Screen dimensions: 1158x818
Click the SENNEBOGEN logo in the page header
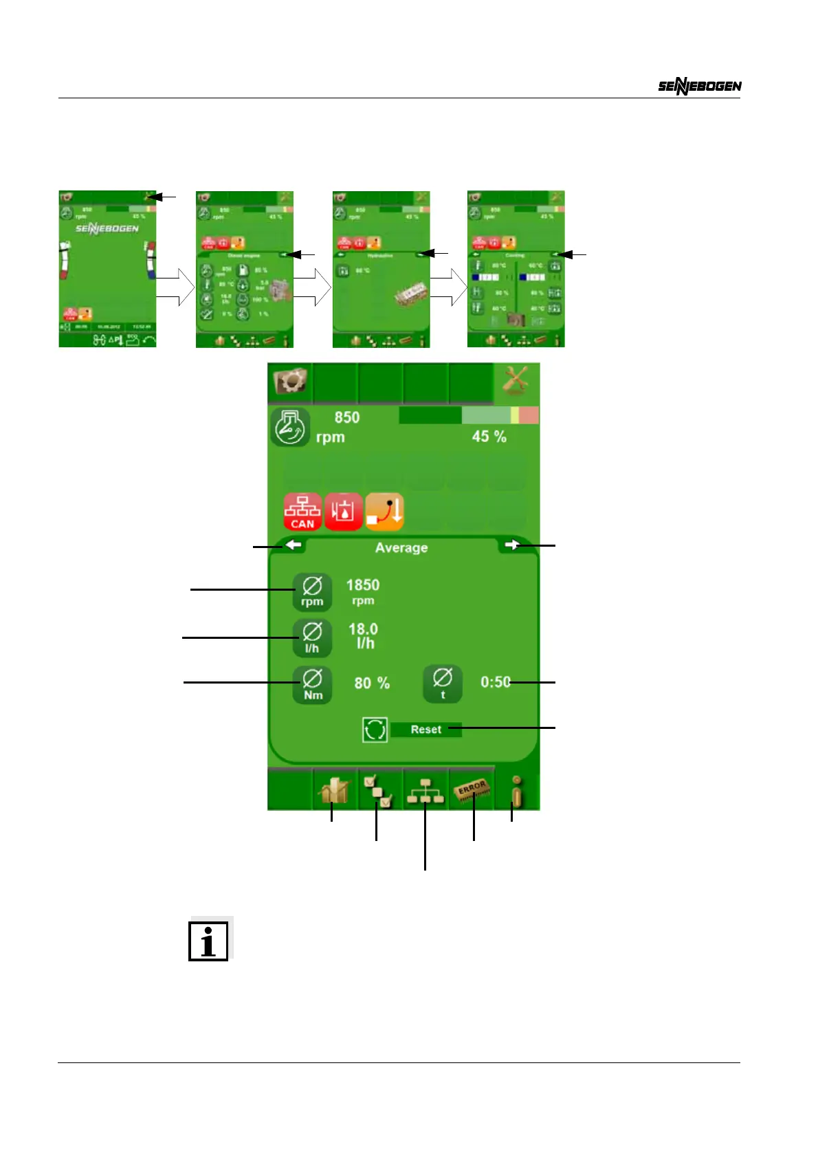coord(700,86)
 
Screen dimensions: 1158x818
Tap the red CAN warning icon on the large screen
coord(302,512)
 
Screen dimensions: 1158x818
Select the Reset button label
coord(426,730)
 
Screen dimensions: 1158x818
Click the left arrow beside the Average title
coord(294,545)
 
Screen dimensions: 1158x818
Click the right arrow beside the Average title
coord(511,545)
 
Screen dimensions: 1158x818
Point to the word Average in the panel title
coord(401,548)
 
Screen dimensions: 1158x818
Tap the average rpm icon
coord(312,592)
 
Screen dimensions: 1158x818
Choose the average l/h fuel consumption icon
coord(312,637)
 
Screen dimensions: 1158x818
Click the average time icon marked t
coord(443,684)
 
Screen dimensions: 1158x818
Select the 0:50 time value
coord(495,682)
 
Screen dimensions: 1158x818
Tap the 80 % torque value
coord(372,684)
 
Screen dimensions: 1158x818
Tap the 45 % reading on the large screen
coord(489,437)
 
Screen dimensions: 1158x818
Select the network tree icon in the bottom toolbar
coord(425,791)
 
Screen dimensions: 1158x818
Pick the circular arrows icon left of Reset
coord(375,730)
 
